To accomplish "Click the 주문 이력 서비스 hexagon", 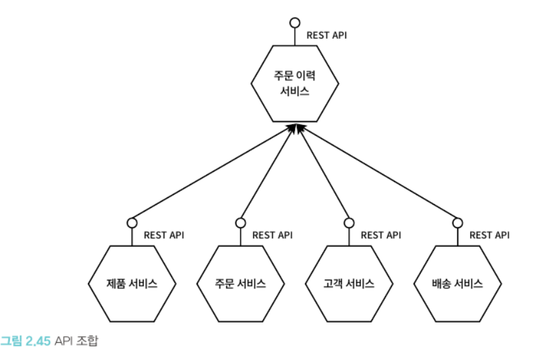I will coord(295,84).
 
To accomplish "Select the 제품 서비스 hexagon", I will coord(132,284).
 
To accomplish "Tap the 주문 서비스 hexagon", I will coord(241,284).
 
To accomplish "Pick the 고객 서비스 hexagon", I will coord(349,284).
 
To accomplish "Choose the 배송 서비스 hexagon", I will coord(458,284).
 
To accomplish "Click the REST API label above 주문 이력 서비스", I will coord(326,35).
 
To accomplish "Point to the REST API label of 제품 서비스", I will coord(163,235).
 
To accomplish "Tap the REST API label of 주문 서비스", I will coord(272,235).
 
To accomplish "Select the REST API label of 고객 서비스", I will coord(380,235).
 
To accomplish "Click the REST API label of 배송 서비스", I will coord(489,235).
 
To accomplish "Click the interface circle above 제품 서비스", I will coord(132,222).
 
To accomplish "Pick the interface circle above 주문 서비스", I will coord(241,222).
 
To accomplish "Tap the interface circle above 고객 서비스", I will coord(349,222).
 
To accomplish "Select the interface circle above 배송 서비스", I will coord(458,222).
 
